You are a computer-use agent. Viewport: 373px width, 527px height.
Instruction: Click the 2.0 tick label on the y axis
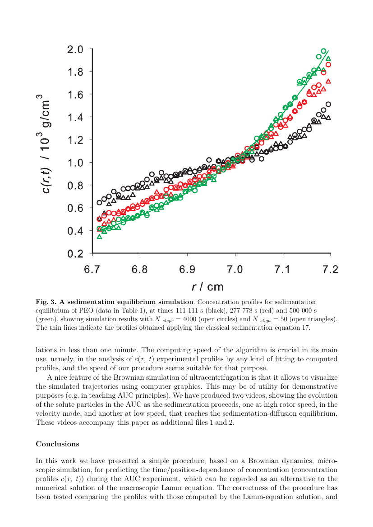coord(75,49)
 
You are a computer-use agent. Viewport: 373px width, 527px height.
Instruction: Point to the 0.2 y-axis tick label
coord(75,254)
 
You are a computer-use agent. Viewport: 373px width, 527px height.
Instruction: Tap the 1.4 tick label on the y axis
coord(75,117)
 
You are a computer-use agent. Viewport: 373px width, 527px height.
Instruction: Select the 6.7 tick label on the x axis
coord(92,269)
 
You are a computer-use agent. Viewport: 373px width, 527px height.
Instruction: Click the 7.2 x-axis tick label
coord(330,269)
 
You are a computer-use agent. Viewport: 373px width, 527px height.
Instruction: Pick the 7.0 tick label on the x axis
coord(235,269)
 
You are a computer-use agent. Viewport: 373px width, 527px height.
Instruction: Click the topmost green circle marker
coord(323,51)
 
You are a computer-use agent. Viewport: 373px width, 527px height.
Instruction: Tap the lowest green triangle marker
coord(99,236)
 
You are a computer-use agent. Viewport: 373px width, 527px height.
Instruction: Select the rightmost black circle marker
coord(328,104)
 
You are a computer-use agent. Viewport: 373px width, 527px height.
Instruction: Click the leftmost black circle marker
coord(99,203)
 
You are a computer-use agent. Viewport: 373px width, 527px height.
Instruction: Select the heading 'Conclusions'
coord(57,444)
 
